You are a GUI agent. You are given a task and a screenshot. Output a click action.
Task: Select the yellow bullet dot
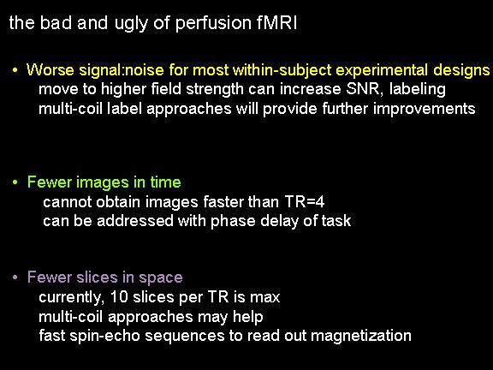[15, 70]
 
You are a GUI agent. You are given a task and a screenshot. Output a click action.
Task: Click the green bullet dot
[15, 182]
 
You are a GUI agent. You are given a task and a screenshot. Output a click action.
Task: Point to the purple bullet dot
[15, 277]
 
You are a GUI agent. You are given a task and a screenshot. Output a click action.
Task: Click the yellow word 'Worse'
[50, 69]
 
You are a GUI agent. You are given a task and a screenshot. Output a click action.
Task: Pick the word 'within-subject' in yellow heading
[282, 70]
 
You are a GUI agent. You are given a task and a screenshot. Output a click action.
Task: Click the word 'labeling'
[417, 90]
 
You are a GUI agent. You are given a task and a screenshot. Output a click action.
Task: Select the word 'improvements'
[424, 109]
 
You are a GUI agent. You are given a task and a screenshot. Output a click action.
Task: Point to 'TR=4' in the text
[305, 201]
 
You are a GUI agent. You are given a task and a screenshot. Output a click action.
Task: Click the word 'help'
[247, 317]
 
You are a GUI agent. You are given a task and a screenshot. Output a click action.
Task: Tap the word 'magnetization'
[361, 336]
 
